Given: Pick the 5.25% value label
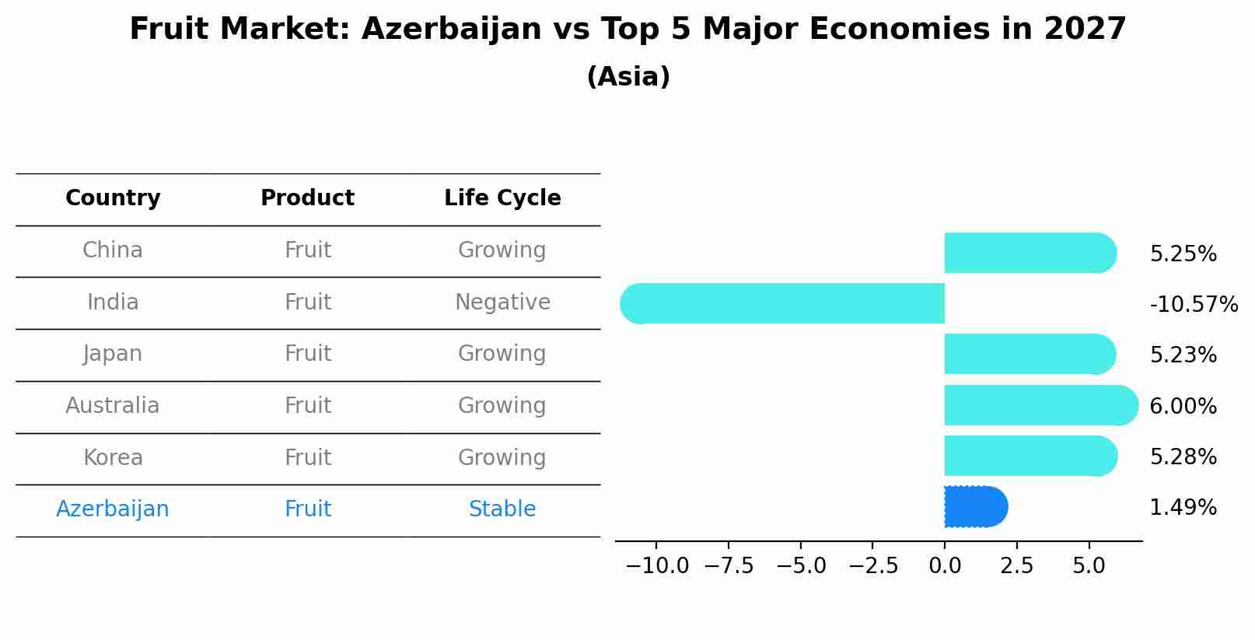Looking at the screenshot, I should pyautogui.click(x=1183, y=254).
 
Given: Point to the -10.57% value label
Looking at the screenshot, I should pyautogui.click(x=1194, y=304).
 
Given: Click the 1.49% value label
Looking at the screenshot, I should pyautogui.click(x=1183, y=508).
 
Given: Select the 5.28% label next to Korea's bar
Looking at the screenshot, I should pyautogui.click(x=1183, y=457).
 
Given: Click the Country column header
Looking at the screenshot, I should pyautogui.click(x=113, y=198).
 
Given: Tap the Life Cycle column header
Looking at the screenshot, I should pyautogui.click(x=502, y=198).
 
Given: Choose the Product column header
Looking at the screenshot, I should pyautogui.click(x=307, y=198).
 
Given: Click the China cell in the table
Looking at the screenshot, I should pyautogui.click(x=113, y=250).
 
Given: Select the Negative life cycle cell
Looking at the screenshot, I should pyautogui.click(x=502, y=302).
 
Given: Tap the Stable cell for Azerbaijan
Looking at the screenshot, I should pyautogui.click(x=502, y=509).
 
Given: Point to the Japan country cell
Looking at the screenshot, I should pyautogui.click(x=113, y=354).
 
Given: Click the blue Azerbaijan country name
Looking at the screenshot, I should pyautogui.click(x=113, y=509).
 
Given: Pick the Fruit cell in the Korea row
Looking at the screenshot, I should pyautogui.click(x=307, y=457).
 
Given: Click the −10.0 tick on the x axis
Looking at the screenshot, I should pyautogui.click(x=657, y=566).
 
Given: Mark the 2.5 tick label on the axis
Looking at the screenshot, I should pyautogui.click(x=1016, y=566).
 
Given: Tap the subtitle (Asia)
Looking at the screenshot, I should pyautogui.click(x=627, y=77).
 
